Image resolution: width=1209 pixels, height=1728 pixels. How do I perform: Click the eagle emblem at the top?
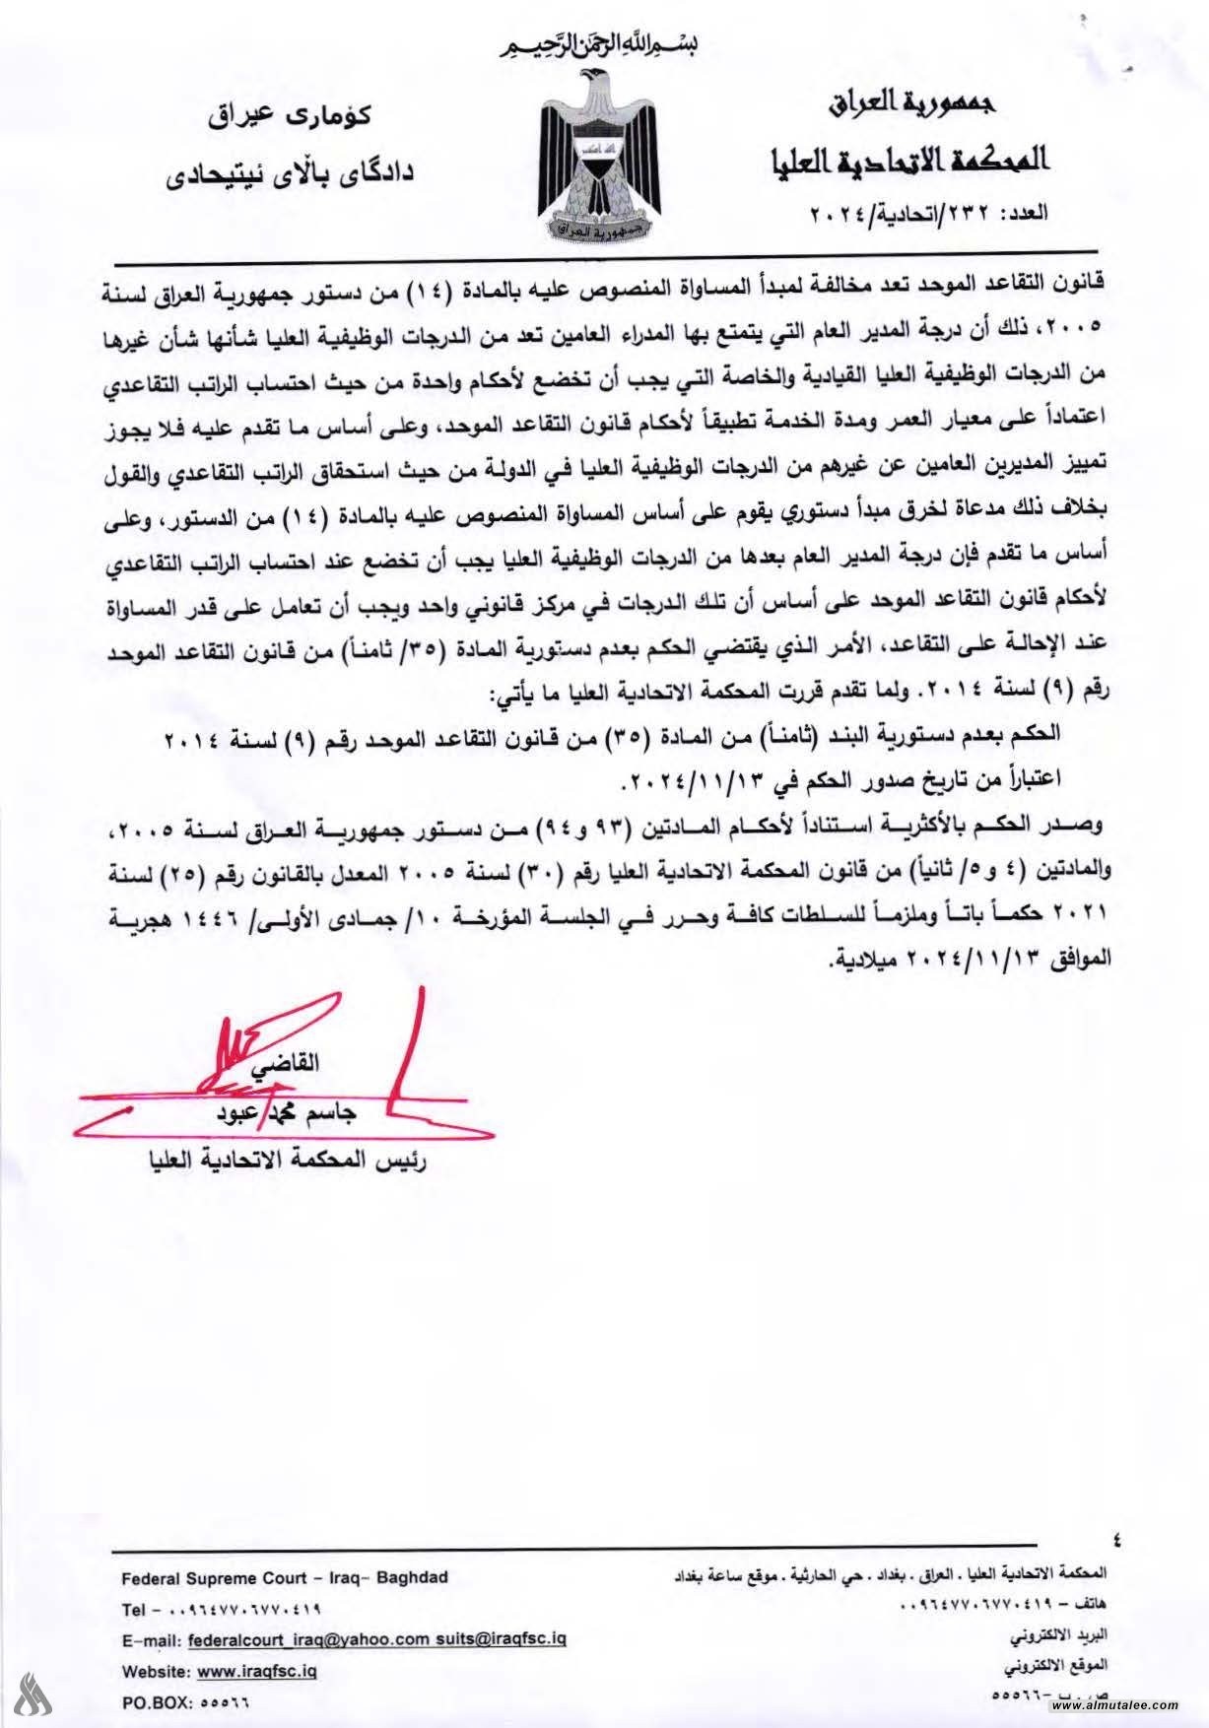(604, 158)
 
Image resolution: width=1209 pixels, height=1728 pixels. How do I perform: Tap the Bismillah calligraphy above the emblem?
(604, 45)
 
